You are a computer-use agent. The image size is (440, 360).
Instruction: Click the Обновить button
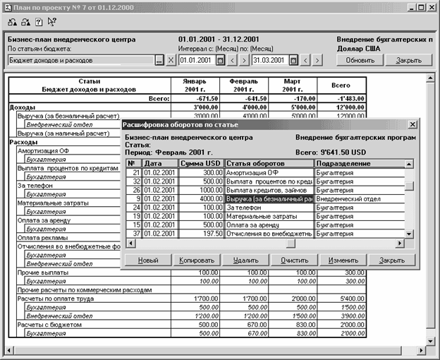click(360, 61)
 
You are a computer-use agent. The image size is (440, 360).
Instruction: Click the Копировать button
click(196, 260)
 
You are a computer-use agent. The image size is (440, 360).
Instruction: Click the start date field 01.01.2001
click(197, 61)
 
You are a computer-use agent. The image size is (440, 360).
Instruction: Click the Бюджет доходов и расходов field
click(81, 61)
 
